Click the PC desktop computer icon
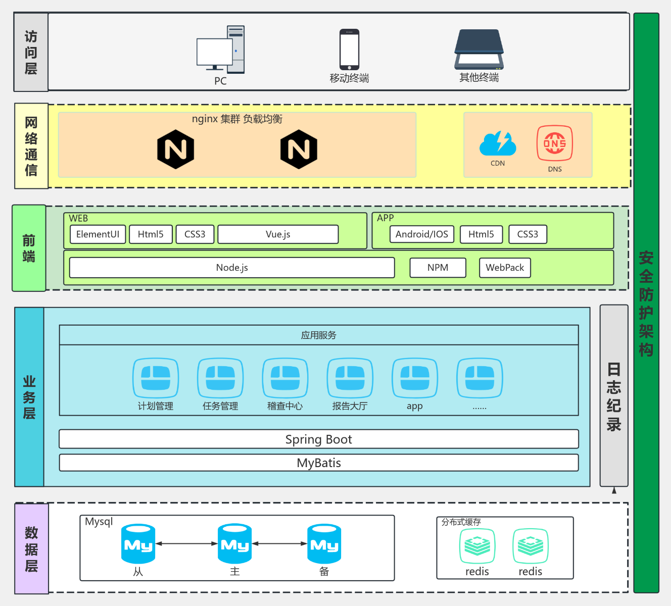tap(221, 50)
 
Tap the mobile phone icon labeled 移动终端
tap(349, 49)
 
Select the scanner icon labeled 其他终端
tap(479, 49)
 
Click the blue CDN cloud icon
tap(498, 143)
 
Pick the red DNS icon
tap(554, 143)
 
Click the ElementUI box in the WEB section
tap(98, 234)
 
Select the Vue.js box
tap(278, 234)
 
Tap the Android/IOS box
tap(422, 234)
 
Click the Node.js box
tap(232, 268)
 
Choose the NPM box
tap(438, 268)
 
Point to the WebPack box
tap(505, 268)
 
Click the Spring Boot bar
tap(319, 439)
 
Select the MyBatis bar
tap(319, 463)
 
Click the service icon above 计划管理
tap(156, 378)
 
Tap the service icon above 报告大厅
tap(350, 378)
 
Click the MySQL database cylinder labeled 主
tap(234, 544)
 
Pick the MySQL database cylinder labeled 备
tap(324, 544)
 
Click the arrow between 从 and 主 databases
tap(186, 544)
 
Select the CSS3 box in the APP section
tap(528, 234)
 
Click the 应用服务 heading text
tap(319, 335)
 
